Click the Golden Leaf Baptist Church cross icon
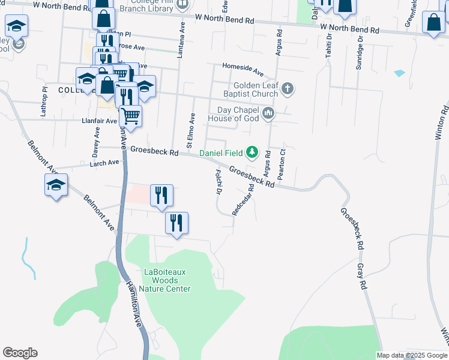click(288, 90)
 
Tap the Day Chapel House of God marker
click(268, 113)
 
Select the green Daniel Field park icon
click(253, 152)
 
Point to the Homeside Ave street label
click(243, 70)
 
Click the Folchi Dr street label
click(218, 181)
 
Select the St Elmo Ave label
click(191, 130)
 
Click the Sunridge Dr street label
click(360, 53)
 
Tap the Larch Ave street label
click(104, 163)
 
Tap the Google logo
click(20, 353)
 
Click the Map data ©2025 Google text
click(411, 355)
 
